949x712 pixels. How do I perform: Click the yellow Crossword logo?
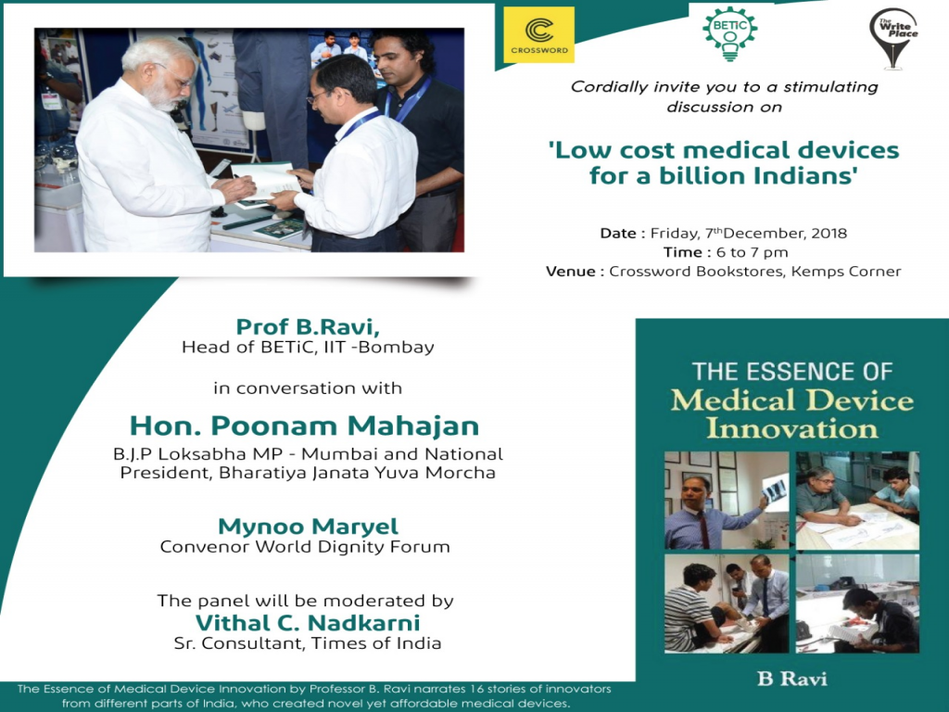[538, 35]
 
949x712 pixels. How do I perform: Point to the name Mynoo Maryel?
[304, 527]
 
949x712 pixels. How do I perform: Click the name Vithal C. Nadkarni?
[308, 622]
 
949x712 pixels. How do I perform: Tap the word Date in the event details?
[617, 233]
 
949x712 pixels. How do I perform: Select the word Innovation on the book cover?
[791, 428]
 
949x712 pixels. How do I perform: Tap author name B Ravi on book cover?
[791, 679]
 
